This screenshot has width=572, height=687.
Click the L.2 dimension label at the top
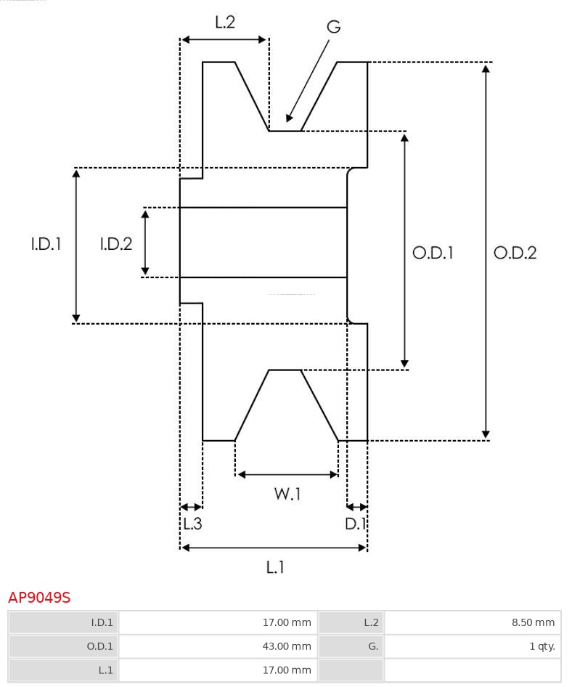[x=225, y=22]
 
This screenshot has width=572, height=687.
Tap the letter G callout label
[x=334, y=27]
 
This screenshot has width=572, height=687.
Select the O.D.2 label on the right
[x=515, y=253]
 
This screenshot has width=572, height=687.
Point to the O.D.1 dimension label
[x=433, y=253]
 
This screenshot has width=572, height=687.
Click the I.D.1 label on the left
[x=46, y=243]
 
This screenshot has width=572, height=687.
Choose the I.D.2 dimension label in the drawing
[x=116, y=243]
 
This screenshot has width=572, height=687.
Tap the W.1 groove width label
[x=287, y=494]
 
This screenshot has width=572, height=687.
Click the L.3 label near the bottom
[x=192, y=524]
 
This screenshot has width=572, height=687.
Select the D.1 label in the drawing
[x=355, y=524]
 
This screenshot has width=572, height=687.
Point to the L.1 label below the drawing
[x=275, y=567]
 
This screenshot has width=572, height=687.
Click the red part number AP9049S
[x=39, y=598]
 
